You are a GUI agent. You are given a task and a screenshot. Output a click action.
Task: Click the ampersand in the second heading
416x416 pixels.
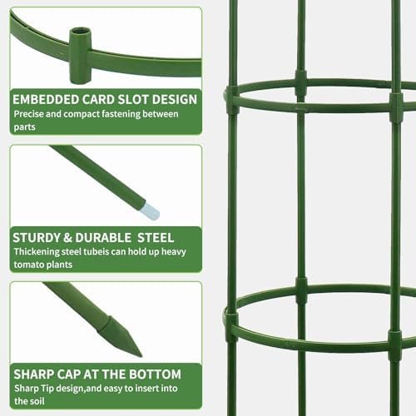coord(67,238)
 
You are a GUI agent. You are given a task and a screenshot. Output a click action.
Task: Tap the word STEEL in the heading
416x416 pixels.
coord(156,238)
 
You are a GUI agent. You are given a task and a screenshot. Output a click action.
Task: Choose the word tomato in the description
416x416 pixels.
coord(27,265)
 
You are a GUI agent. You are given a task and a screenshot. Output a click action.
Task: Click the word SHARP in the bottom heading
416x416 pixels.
coord(32,374)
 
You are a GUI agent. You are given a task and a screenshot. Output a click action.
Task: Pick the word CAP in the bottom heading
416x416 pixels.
coord(69,374)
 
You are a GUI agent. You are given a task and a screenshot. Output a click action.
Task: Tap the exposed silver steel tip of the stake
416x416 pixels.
coord(150,211)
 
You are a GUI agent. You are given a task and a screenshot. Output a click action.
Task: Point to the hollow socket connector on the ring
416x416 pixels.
coord(80,55)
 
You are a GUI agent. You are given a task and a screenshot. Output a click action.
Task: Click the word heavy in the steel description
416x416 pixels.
coord(174,252)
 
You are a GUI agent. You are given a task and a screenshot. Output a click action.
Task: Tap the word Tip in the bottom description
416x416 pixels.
coord(47,389)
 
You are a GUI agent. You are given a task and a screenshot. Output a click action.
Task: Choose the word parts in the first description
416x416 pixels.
coord(25,127)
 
